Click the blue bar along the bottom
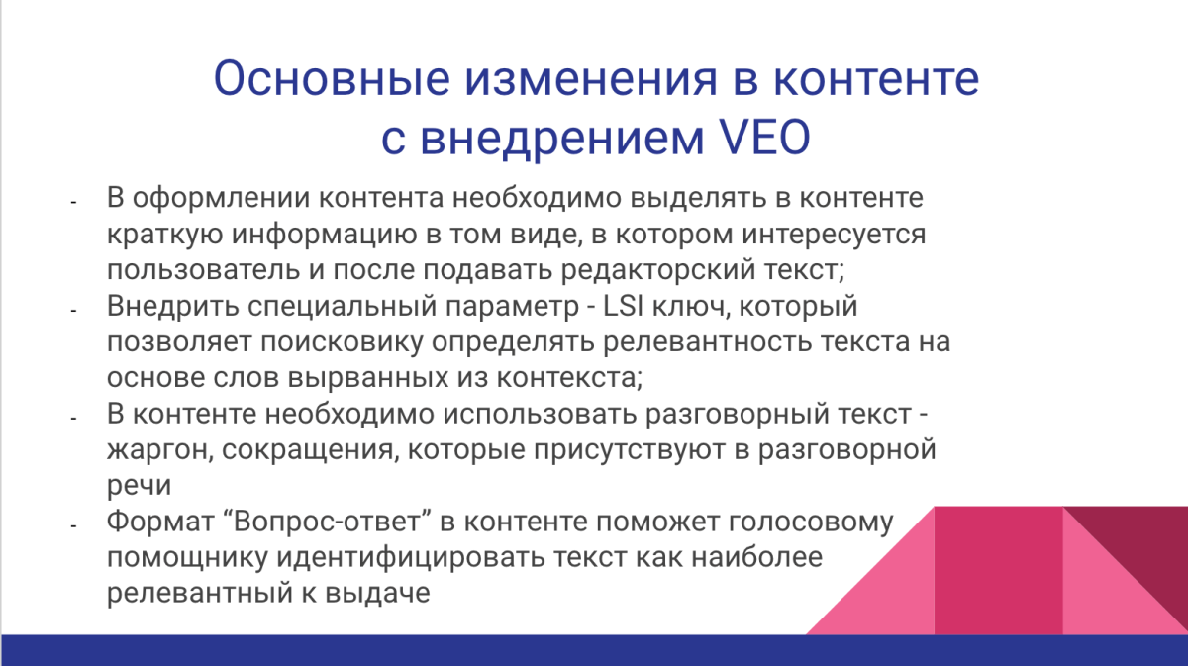[594, 650]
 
